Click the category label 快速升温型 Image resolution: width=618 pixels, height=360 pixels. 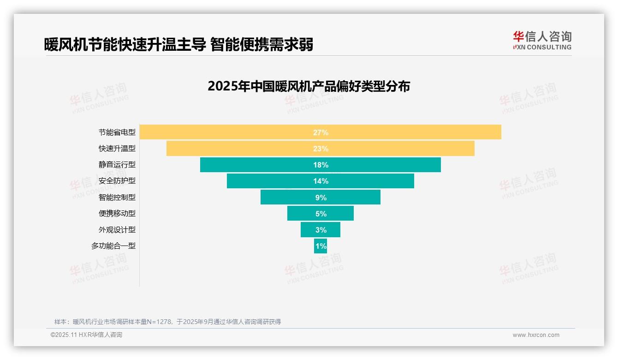point(117,149)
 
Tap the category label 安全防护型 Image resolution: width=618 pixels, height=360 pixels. point(117,181)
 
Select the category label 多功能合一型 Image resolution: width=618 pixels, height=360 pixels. point(113,246)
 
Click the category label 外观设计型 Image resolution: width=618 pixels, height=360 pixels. point(117,230)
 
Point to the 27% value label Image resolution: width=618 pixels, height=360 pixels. point(321,132)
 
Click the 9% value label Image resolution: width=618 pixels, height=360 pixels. point(321,198)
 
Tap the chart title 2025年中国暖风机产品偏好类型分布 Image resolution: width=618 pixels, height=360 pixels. point(309,86)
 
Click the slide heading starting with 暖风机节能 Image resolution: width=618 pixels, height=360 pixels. point(178,44)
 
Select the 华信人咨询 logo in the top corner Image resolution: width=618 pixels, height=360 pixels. point(542,41)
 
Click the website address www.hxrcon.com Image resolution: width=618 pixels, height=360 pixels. point(536,335)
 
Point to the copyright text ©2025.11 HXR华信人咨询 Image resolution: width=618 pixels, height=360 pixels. point(86,335)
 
